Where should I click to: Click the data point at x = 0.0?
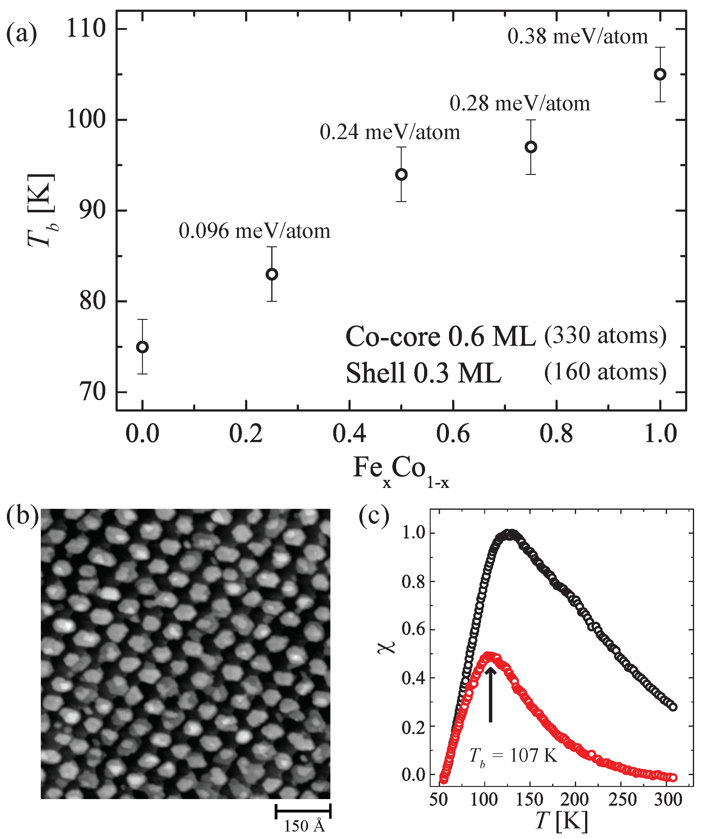tap(142, 347)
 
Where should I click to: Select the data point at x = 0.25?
tap(272, 274)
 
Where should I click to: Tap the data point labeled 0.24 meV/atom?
tap(401, 175)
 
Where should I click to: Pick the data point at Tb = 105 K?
tap(660, 75)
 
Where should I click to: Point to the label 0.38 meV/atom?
tap(578, 36)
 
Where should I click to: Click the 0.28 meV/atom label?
tap(519, 103)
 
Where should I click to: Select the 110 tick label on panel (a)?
tap(86, 29)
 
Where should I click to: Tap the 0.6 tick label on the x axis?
tap(453, 434)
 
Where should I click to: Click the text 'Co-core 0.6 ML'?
tap(440, 336)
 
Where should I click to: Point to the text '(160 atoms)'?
tap(605, 372)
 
